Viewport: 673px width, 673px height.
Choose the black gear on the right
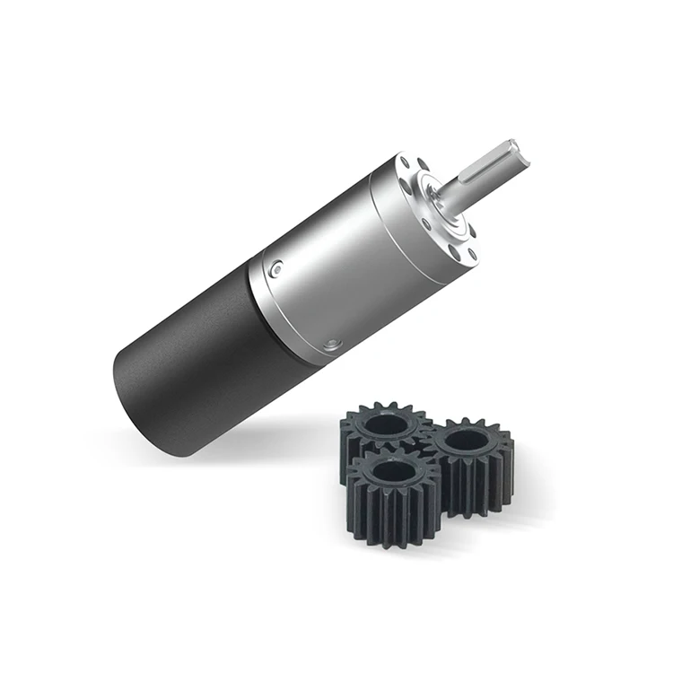click(471, 462)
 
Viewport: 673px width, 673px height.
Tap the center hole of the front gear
click(393, 470)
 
